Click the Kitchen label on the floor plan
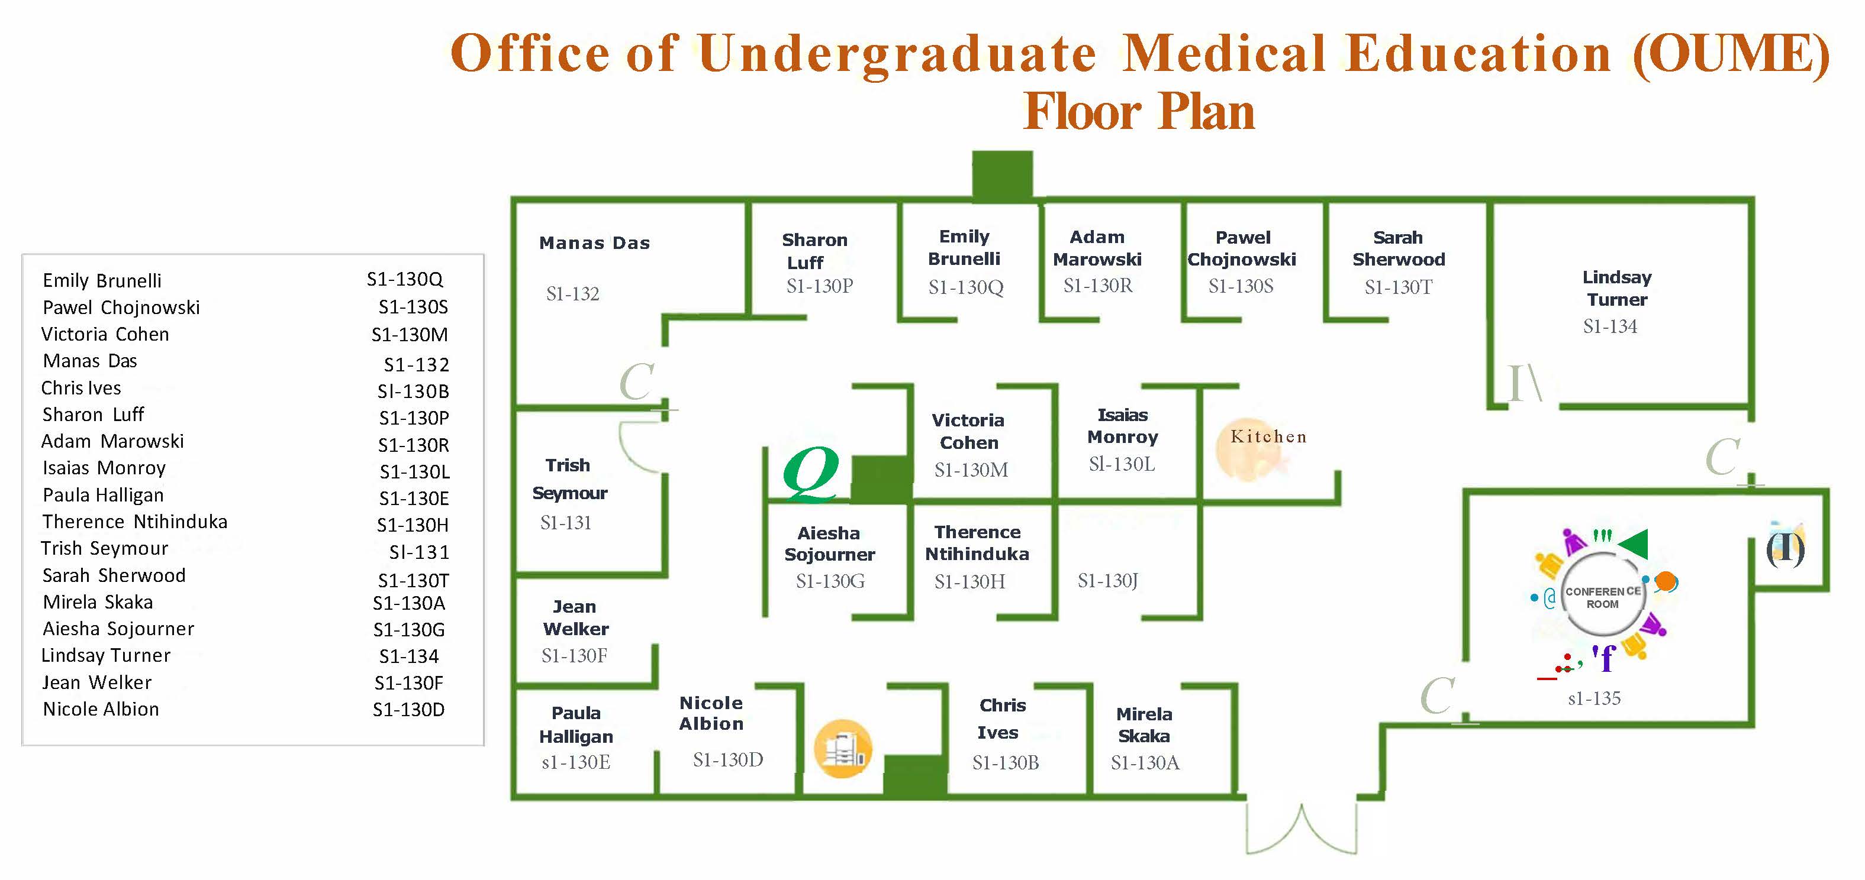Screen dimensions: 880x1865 [1268, 436]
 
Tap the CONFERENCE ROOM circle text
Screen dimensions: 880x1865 [1603, 598]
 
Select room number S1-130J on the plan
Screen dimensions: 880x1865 [1108, 580]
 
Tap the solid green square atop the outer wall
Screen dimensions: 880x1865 [1002, 175]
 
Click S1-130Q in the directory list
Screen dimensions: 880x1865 [405, 279]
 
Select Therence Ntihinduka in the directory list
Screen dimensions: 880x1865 [135, 522]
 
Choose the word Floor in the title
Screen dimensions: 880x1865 [1083, 112]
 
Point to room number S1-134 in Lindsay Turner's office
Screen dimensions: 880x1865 [1609, 326]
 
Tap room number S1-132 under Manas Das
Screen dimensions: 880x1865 [573, 294]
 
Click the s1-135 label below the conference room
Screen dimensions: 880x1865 [1595, 698]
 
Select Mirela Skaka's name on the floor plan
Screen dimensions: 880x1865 [1144, 725]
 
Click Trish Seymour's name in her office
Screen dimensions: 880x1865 [569, 479]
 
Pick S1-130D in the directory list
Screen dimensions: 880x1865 [408, 709]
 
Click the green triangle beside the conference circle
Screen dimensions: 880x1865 [1634, 544]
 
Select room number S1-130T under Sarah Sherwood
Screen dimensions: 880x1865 [1398, 287]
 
